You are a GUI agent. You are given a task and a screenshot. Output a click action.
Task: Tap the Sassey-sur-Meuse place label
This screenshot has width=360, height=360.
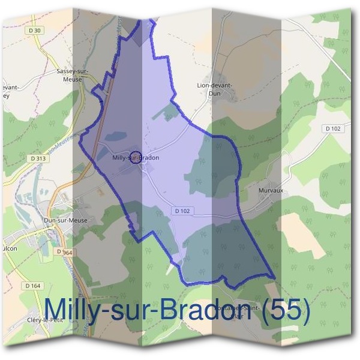71,74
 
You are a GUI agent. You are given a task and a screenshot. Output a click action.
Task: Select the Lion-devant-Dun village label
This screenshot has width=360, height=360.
215,89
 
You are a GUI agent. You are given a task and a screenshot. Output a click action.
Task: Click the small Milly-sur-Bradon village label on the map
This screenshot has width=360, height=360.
136,158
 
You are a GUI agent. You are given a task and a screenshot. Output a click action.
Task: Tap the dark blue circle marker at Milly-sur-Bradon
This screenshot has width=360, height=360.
136,158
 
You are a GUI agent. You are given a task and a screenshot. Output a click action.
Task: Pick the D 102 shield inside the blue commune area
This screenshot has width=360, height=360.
184,211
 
